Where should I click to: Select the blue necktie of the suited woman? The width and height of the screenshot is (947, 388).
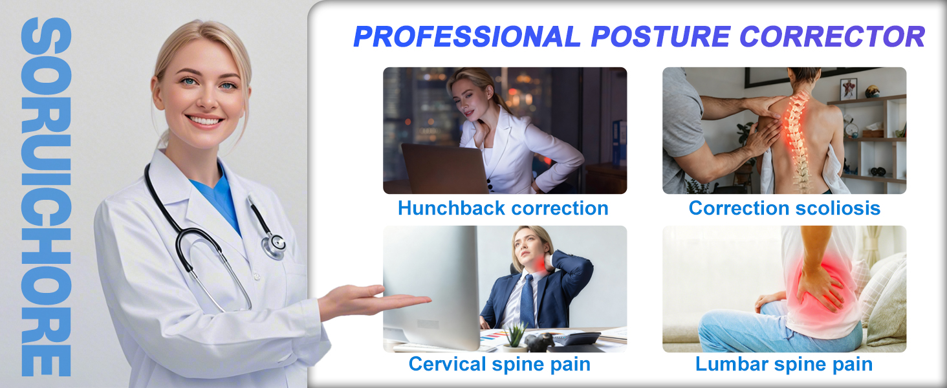click(527, 301)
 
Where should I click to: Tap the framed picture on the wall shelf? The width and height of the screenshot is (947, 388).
click(849, 89)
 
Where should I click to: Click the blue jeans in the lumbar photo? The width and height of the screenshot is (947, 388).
click(744, 327)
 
